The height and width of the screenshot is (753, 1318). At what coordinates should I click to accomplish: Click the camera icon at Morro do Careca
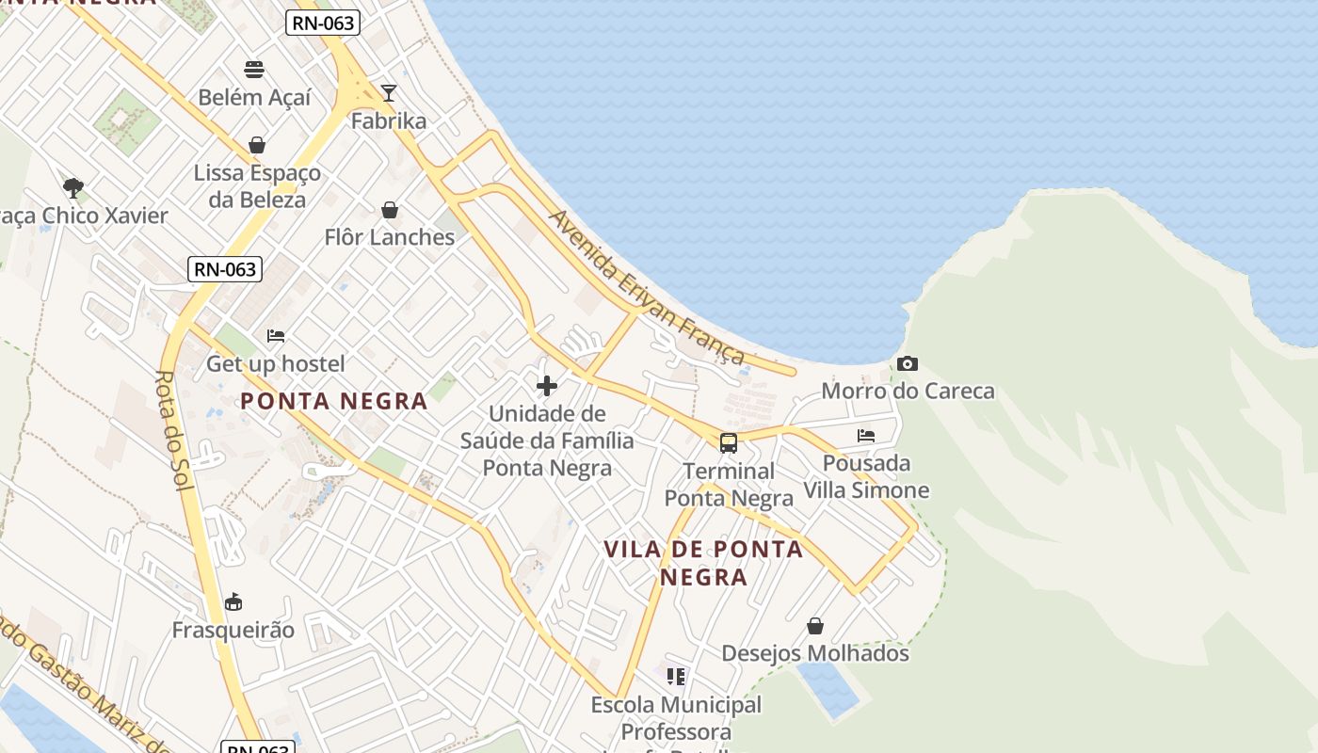[x=908, y=363]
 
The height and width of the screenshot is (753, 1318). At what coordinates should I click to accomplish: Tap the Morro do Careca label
[x=908, y=391]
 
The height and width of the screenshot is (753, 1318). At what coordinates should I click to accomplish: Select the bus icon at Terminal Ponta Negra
[x=729, y=443]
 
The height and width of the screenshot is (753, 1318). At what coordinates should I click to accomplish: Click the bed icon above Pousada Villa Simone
[x=866, y=436]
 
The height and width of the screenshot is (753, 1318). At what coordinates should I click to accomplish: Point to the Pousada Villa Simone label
[x=866, y=476]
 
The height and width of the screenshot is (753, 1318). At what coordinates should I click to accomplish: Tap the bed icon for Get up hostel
[x=276, y=335]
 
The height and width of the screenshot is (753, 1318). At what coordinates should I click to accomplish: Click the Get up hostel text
[x=276, y=363]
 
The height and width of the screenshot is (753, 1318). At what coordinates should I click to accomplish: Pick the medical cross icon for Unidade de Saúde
[x=547, y=386]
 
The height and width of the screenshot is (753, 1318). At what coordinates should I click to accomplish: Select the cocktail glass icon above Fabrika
[x=389, y=92]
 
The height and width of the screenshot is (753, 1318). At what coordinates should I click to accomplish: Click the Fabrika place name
[x=389, y=120]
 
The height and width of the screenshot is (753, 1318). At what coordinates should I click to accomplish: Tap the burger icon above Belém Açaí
[x=254, y=69]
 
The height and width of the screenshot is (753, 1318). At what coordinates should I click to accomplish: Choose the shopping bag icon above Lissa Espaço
[x=257, y=145]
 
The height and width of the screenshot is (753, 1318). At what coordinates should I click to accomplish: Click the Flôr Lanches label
[x=390, y=237]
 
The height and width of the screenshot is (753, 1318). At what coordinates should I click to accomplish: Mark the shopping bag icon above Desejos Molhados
[x=815, y=626]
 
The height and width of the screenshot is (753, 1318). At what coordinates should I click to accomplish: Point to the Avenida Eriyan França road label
[x=648, y=288]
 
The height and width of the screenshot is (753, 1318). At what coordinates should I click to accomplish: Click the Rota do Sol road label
[x=167, y=429]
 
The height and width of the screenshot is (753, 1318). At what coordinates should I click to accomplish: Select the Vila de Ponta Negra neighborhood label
[x=703, y=562]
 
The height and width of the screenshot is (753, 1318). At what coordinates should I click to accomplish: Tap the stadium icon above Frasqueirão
[x=233, y=602]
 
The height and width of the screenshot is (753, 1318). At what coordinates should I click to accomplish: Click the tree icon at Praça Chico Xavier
[x=72, y=187]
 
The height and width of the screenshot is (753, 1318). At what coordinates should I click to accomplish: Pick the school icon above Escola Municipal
[x=675, y=677]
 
